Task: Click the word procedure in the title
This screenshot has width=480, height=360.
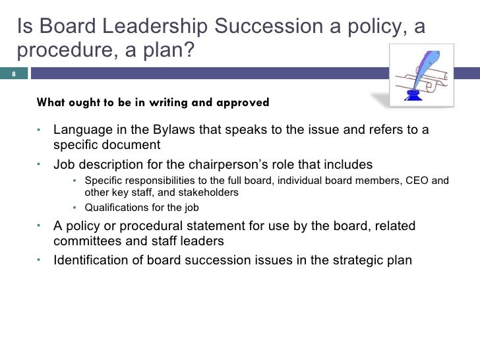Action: [x=60, y=50]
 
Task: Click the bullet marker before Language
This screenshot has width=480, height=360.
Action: [x=40, y=129]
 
